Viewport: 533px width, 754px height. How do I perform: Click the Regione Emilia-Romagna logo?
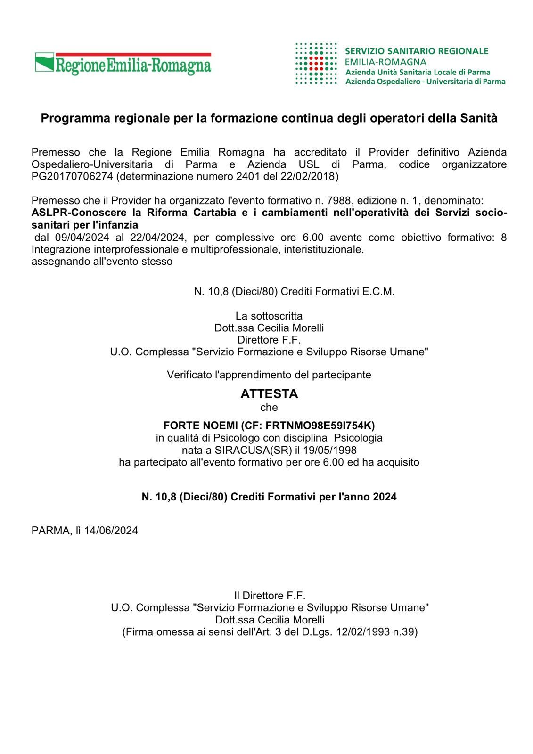point(123,64)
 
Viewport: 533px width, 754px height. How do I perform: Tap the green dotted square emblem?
point(315,64)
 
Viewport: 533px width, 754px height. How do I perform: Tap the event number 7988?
point(331,200)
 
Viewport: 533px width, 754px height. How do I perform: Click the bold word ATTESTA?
point(269,393)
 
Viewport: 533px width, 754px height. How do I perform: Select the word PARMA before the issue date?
point(50,531)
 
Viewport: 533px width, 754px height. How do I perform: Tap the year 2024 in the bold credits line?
point(385,497)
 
